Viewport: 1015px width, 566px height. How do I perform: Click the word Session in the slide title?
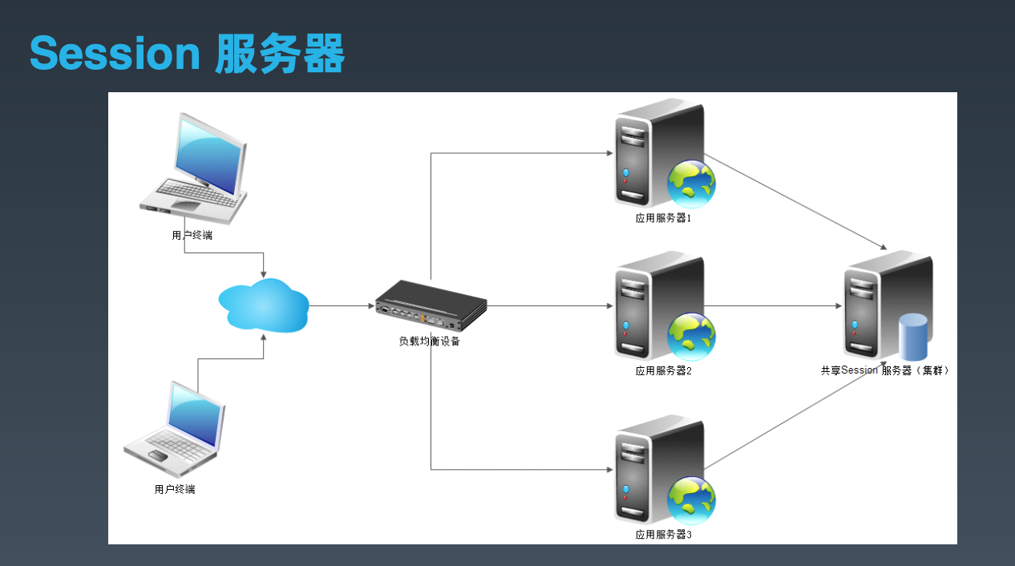point(115,54)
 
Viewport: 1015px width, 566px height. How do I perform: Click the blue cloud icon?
point(264,305)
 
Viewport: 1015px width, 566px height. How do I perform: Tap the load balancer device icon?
point(431,305)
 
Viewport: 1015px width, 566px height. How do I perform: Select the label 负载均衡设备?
point(429,342)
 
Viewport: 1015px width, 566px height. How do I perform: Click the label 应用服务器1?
point(663,218)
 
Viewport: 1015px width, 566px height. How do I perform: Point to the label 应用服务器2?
point(663,371)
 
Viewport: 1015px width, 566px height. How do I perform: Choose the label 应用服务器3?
point(663,535)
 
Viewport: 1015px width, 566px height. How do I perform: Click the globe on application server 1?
point(691,184)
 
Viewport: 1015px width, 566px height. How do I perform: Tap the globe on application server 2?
point(691,337)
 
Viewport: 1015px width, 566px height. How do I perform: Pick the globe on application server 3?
point(691,500)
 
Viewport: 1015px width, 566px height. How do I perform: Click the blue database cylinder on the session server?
point(913,338)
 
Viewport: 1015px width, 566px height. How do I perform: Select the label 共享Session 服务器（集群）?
point(884,370)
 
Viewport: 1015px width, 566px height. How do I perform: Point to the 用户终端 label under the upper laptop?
point(192,235)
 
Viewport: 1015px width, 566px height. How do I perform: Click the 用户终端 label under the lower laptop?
point(175,489)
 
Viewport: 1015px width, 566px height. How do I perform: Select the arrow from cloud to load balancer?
point(342,306)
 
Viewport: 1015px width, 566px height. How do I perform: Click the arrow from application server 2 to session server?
point(773,306)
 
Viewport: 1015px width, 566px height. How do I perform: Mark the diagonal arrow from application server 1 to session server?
point(795,202)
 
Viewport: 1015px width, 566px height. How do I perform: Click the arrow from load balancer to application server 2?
point(550,306)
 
